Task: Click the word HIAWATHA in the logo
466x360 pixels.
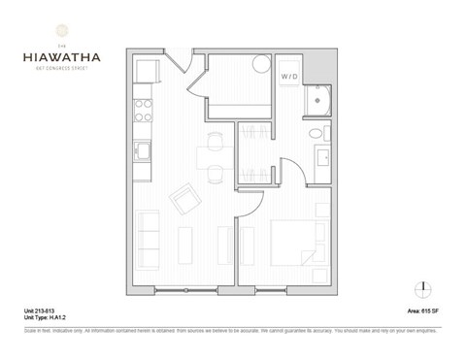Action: [x=51, y=56]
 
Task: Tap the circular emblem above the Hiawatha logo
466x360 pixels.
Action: [x=51, y=28]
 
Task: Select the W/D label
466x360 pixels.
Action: [x=290, y=75]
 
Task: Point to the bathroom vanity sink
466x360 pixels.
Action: [x=320, y=158]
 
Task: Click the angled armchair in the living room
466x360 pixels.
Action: [x=184, y=201]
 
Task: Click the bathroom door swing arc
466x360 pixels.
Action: [x=290, y=167]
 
